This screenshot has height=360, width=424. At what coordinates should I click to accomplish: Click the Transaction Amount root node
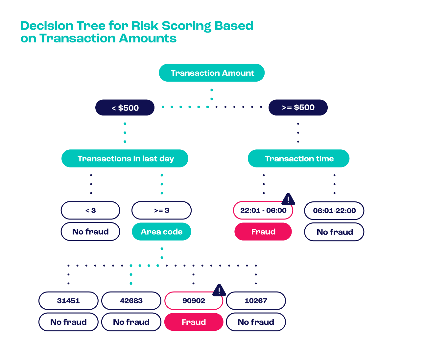[x=212, y=73]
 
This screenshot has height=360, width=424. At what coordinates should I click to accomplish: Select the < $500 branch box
[x=125, y=108]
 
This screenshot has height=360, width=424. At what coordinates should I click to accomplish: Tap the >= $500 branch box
[x=298, y=107]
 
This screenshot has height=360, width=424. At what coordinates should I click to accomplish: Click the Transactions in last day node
[x=125, y=159]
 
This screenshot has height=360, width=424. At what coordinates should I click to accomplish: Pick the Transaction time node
[x=298, y=159]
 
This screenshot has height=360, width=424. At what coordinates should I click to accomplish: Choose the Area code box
[x=161, y=232]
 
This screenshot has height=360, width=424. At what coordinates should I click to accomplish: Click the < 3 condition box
[x=90, y=210]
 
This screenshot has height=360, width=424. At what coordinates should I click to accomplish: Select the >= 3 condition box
[x=161, y=210]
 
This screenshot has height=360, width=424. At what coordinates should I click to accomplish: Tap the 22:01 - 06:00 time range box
[x=263, y=210]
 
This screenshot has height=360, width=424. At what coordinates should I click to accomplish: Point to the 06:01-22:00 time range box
[x=334, y=211]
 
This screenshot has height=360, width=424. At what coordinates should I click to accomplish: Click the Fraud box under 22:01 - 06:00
[x=263, y=232]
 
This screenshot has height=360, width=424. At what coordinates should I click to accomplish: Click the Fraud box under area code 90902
[x=194, y=322]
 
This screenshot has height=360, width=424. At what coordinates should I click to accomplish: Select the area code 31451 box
[x=68, y=300]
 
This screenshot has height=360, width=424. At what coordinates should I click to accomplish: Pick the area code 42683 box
[x=131, y=300]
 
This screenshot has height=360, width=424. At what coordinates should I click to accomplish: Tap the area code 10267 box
[x=256, y=300]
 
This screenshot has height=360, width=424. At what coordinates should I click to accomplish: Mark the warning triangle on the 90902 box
[x=219, y=290]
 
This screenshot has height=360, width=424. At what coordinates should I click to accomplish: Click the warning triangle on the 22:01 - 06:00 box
[x=288, y=199]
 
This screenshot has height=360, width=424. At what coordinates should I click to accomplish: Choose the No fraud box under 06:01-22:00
[x=334, y=232]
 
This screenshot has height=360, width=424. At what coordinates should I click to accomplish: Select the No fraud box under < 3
[x=90, y=232]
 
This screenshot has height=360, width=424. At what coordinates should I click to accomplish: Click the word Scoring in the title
[x=186, y=26]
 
